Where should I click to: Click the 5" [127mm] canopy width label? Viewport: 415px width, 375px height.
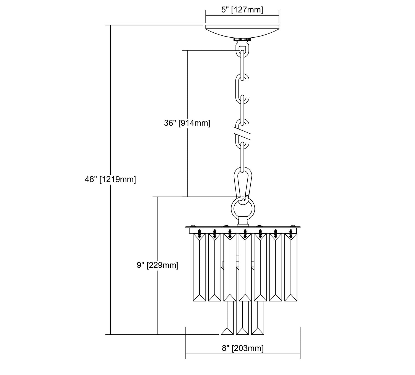[242, 10]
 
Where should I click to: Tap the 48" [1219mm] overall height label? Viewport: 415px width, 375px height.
[110, 179]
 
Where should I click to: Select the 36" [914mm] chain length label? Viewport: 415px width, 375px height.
[187, 123]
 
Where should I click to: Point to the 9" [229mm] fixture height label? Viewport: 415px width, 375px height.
[158, 265]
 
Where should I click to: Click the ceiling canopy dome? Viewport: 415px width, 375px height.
[242, 32]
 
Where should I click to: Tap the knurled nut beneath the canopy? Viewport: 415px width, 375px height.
[242, 40]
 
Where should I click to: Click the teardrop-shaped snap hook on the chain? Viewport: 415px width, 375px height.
[243, 185]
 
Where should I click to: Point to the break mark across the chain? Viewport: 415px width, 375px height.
[242, 135]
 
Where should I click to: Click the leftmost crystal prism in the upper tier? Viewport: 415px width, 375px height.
[199, 267]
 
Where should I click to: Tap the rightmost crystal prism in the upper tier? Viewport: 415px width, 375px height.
[291, 267]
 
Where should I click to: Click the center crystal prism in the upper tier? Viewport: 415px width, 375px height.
[245, 267]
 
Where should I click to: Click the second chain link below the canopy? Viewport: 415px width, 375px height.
[242, 88]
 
